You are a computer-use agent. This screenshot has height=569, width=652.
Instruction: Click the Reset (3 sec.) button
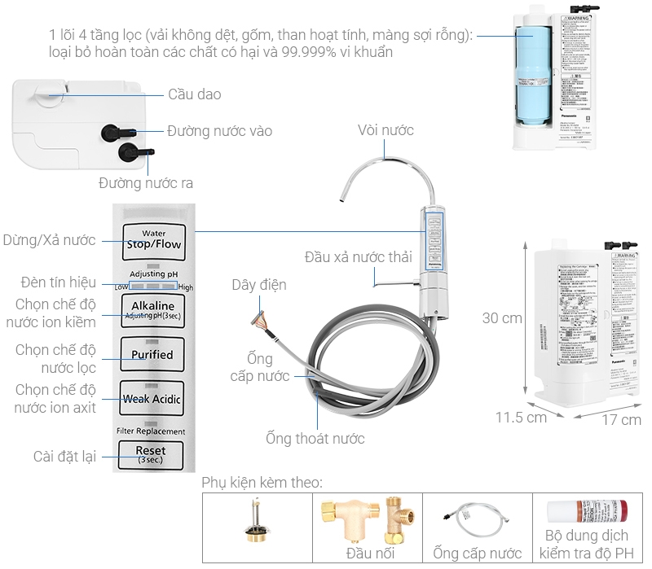(x=151, y=453)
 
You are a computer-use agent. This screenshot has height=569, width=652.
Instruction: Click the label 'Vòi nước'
(x=385, y=130)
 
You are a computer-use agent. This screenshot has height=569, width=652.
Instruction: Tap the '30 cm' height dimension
(x=501, y=318)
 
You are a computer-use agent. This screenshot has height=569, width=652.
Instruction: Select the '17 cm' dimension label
(x=620, y=420)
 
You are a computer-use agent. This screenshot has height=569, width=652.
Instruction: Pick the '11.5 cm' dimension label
(x=521, y=418)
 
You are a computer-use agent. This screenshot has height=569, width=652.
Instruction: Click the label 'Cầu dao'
(x=194, y=94)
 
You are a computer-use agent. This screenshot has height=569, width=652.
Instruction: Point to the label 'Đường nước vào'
(x=219, y=130)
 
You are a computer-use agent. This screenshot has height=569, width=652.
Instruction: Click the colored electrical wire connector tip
(x=260, y=318)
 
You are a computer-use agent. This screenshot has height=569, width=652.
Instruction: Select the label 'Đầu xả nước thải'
(x=359, y=256)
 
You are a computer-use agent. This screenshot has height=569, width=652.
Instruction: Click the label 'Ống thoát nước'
(x=315, y=439)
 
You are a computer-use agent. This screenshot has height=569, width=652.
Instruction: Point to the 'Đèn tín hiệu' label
(x=59, y=282)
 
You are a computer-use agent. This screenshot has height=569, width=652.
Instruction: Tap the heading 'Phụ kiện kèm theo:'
(x=262, y=483)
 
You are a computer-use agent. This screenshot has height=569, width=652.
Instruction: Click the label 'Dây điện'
(x=258, y=285)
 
